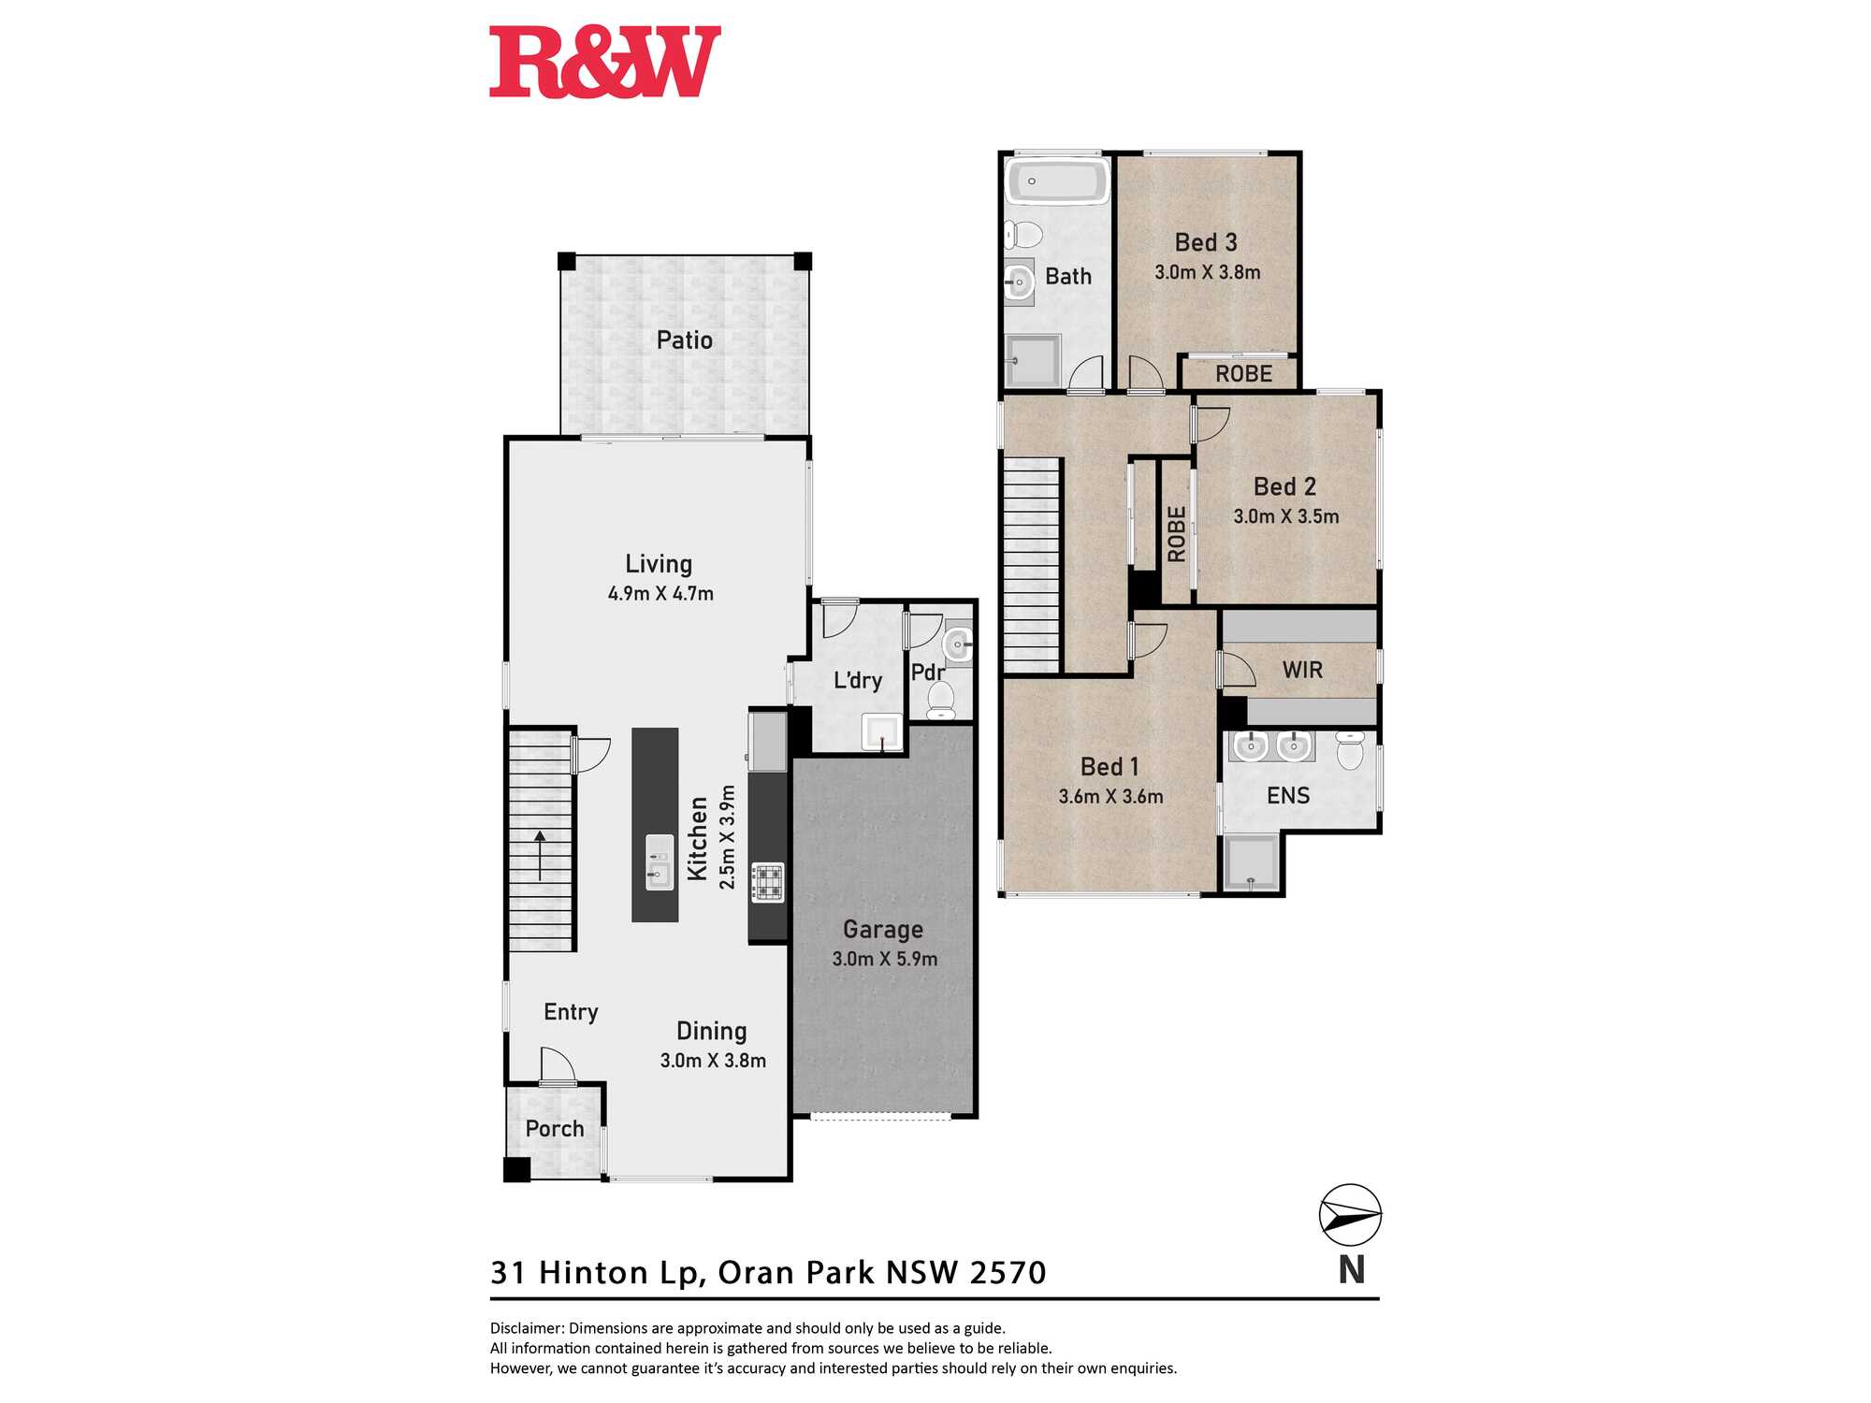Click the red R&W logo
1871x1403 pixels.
click(605, 62)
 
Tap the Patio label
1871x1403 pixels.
click(685, 340)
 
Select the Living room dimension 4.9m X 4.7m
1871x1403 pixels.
click(660, 593)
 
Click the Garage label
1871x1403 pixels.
click(883, 929)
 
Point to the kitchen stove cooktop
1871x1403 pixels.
click(767, 882)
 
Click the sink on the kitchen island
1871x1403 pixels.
click(660, 862)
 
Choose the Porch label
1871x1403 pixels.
click(555, 1129)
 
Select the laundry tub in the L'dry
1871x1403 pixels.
click(882, 732)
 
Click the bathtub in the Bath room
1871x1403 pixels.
click(1057, 180)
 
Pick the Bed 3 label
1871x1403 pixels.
click(1206, 242)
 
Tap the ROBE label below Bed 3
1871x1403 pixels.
click(1243, 374)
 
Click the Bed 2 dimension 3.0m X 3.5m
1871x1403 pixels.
click(1286, 516)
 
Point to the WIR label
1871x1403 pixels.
click(1302, 670)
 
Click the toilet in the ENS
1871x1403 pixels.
click(1350, 750)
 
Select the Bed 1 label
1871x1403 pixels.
click(1110, 767)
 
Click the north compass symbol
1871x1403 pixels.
click(1350, 1215)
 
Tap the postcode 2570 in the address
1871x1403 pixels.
click(1008, 1272)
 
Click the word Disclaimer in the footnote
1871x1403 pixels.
click(527, 1328)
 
